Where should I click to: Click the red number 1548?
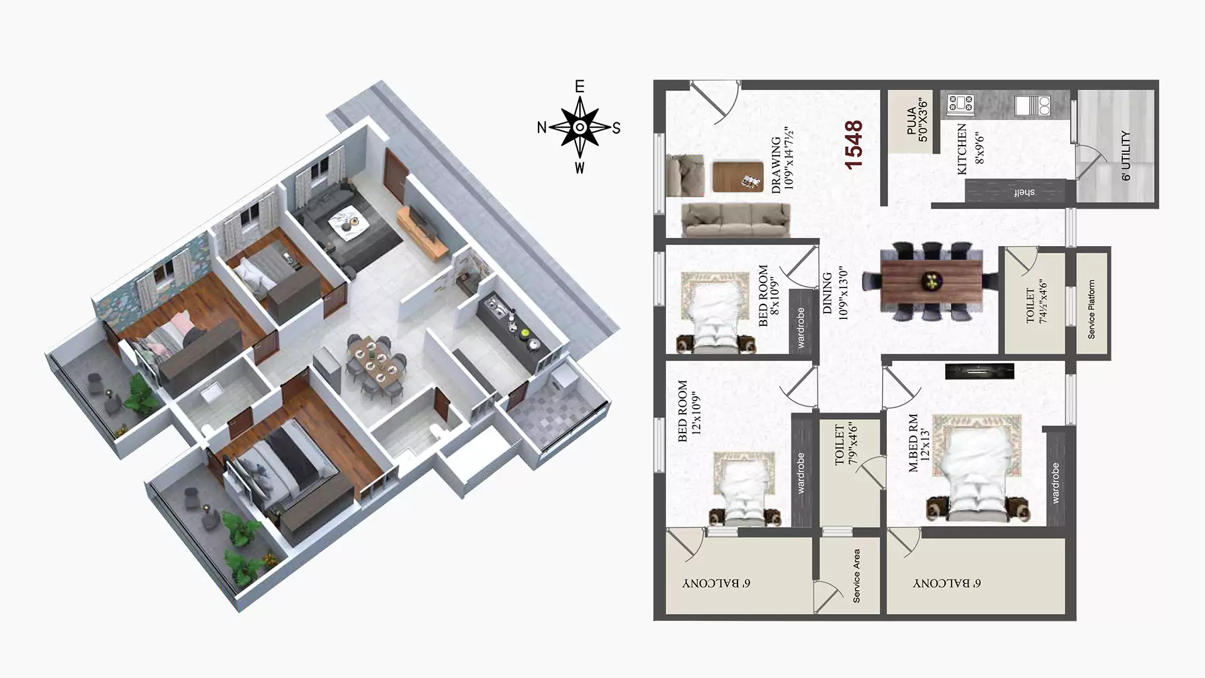854,145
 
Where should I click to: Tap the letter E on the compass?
580,87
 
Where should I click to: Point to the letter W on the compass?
579,168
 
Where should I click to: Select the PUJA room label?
912,121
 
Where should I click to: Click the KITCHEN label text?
962,149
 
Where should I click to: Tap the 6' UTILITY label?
1126,156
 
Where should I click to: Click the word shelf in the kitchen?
1024,192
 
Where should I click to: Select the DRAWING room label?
776,164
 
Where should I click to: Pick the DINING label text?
827,293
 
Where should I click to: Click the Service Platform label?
1091,309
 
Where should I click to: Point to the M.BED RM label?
913,443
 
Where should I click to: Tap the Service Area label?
857,576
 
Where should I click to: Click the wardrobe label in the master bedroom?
1055,483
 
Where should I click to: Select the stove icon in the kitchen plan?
960,105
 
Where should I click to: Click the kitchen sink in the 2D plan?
1032,105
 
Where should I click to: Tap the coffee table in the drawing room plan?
738,177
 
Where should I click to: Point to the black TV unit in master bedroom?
980,371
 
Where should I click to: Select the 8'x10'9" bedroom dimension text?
775,296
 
